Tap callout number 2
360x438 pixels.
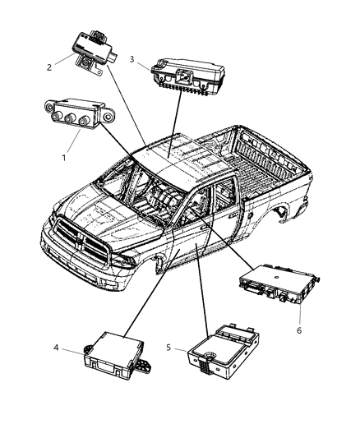[x=50, y=67]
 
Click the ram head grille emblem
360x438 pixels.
[x=81, y=228]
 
